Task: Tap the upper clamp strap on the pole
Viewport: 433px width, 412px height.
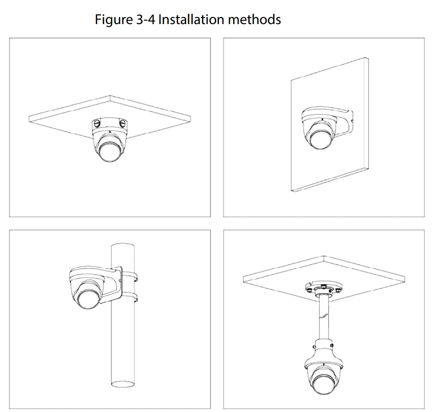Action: pyautogui.click(x=129, y=275)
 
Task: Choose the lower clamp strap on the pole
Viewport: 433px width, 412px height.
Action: pyautogui.click(x=129, y=297)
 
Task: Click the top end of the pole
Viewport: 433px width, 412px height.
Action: pyautogui.click(x=123, y=246)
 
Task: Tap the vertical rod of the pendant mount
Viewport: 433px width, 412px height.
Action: pyautogui.click(x=322, y=318)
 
